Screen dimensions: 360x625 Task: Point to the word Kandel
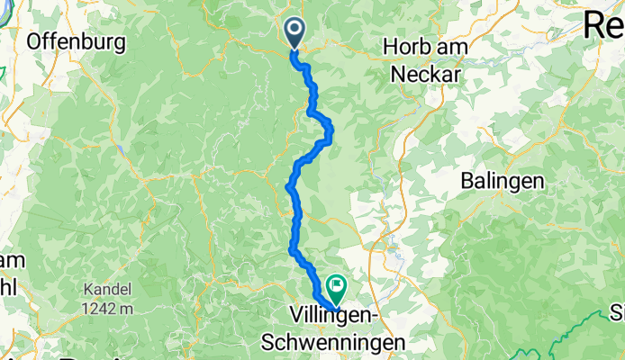(x=106, y=291)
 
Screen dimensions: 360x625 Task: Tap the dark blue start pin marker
(x=294, y=32)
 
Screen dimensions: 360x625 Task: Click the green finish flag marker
(x=337, y=288)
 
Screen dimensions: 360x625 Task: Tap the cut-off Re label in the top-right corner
(x=603, y=25)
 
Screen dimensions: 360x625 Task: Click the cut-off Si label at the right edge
(x=617, y=313)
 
